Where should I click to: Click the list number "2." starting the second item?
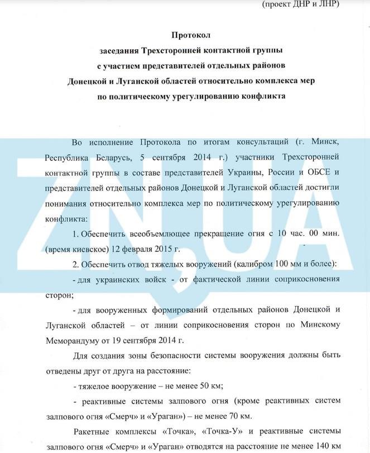pos(76,263)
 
